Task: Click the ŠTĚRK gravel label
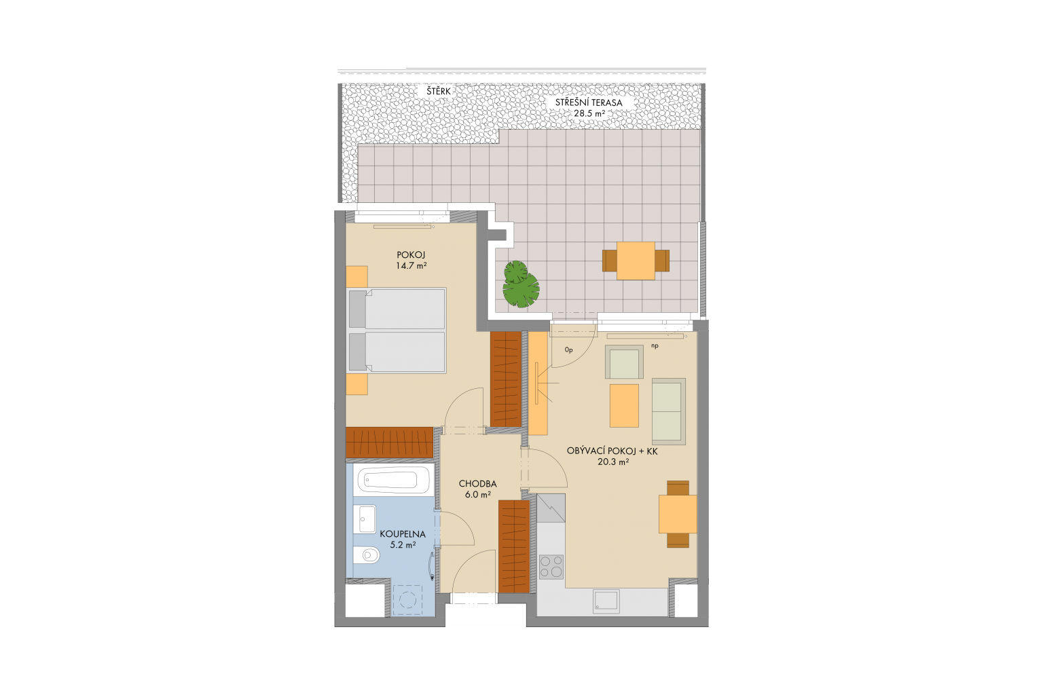point(439,91)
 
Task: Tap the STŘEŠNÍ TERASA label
point(589,103)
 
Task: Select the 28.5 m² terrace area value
point(589,113)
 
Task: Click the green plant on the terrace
point(521,284)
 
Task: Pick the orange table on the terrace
point(636,261)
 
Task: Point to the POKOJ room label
point(411,255)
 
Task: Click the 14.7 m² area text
point(411,266)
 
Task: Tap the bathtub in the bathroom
point(390,479)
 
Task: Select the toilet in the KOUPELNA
point(365,555)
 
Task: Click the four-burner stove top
point(551,567)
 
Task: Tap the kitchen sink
point(606,601)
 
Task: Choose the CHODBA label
point(478,484)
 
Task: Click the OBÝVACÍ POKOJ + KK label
point(612,451)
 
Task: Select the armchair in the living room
point(624,362)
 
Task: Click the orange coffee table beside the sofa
point(624,405)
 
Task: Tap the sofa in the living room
point(669,411)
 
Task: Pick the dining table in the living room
point(678,514)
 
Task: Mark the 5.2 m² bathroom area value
point(403,545)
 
